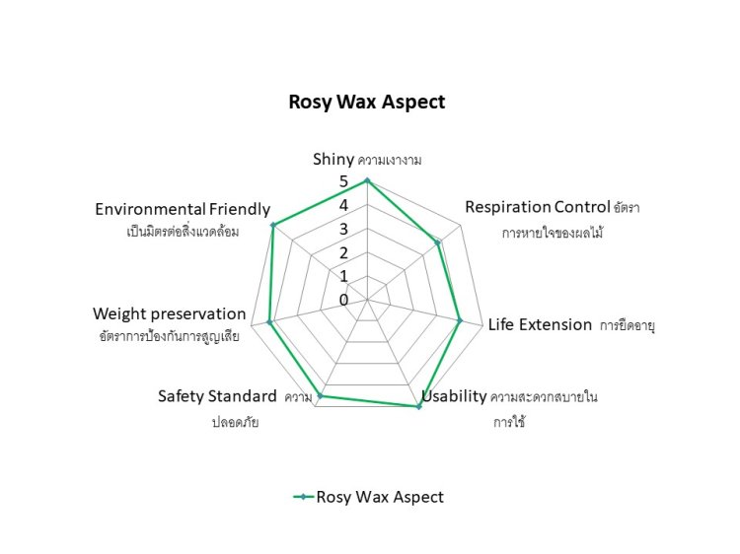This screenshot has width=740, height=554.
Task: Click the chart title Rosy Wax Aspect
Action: [366, 102]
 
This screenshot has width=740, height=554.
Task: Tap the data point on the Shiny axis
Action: [367, 180]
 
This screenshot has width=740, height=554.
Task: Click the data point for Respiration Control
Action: [437, 242]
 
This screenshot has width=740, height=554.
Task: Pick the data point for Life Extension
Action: [459, 319]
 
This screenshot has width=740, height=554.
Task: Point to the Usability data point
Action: [419, 406]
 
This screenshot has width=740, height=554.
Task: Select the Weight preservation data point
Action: [269, 321]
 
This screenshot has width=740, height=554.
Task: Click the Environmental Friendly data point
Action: [273, 226]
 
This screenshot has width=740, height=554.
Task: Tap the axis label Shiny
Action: [333, 159]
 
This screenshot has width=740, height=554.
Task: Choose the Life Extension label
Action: [540, 324]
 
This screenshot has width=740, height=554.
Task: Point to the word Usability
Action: [454, 397]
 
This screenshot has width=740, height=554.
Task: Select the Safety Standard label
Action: [217, 396]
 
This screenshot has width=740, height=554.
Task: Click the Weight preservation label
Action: [169, 314]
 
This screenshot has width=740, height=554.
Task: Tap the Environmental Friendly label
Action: [183, 209]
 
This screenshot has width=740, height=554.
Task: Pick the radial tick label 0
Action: [343, 300]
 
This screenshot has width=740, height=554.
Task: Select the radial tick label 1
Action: [343, 276]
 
